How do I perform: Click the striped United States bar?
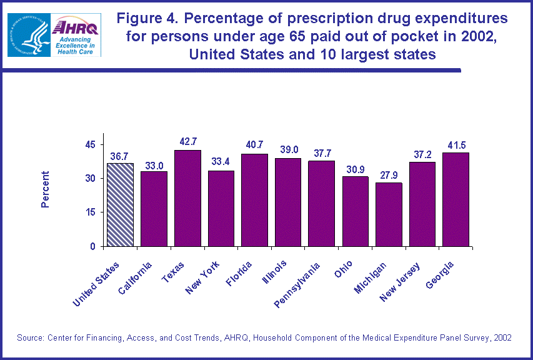click(x=120, y=204)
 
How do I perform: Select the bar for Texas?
click(x=187, y=198)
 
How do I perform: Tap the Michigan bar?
click(x=389, y=214)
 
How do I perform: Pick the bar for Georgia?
click(x=456, y=199)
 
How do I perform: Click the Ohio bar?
click(x=355, y=211)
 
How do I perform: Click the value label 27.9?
click(x=389, y=174)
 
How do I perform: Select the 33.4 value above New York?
click(x=221, y=162)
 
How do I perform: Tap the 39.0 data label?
click(x=288, y=150)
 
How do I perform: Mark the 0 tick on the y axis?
click(x=92, y=246)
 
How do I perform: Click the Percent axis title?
click(x=45, y=189)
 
